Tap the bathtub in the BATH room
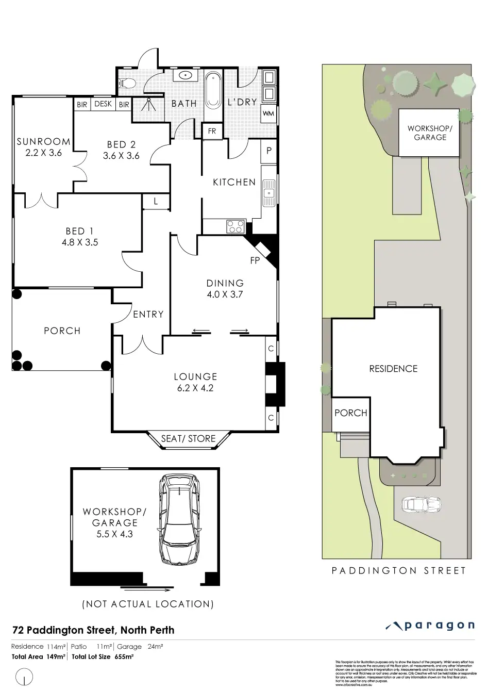click(213, 90)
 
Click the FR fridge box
click(212, 131)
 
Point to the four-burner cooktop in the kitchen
click(235, 226)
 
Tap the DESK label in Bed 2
click(103, 104)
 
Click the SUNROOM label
click(43, 141)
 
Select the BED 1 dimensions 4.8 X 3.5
click(79, 242)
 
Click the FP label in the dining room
click(255, 261)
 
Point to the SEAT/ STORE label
click(188, 438)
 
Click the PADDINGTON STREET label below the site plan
click(398, 570)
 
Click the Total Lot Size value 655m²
click(123, 656)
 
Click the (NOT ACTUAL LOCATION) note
click(147, 604)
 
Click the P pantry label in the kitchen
click(268, 152)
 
